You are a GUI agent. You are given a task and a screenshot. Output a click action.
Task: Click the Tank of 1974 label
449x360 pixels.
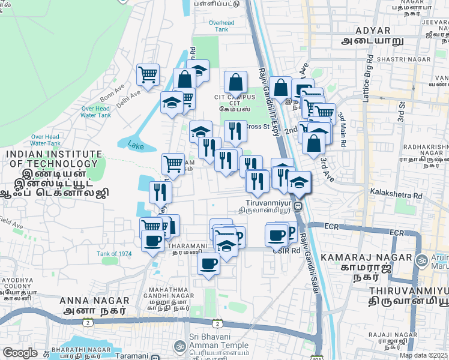[114, 254]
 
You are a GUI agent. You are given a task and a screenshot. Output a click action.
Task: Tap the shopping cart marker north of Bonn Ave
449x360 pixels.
[148, 75]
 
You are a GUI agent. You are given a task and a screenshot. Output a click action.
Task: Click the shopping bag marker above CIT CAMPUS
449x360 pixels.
[236, 82]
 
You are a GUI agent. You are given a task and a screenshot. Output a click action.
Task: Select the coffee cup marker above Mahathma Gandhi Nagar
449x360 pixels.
[208, 263]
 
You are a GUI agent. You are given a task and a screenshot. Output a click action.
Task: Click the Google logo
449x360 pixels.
[20, 353]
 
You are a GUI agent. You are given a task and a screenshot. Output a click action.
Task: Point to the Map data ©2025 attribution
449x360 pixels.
[424, 355]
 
